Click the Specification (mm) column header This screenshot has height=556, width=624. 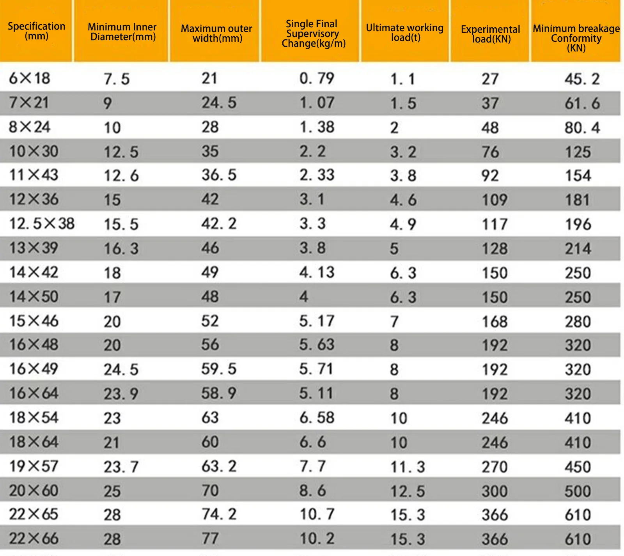pyautogui.click(x=36, y=31)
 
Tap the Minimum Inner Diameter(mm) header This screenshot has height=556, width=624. pyautogui.click(x=122, y=32)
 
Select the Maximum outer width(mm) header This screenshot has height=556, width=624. pyautogui.click(x=216, y=34)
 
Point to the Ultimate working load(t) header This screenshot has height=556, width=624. pyautogui.click(x=405, y=33)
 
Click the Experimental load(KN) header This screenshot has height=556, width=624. pyautogui.click(x=490, y=34)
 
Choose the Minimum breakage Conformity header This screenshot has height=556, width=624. pyautogui.click(x=576, y=38)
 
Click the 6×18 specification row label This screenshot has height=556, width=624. pyautogui.click(x=30, y=78)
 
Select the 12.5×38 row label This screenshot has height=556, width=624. pyautogui.click(x=42, y=224)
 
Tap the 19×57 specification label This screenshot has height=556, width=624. pyautogui.click(x=34, y=466)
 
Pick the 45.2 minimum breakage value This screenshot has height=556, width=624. pyautogui.click(x=582, y=79)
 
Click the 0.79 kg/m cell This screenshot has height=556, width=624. pyautogui.click(x=317, y=78)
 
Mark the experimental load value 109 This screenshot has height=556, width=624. pyautogui.click(x=495, y=200)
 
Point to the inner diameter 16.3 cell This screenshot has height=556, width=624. pyautogui.click(x=121, y=249)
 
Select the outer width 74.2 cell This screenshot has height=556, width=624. pyautogui.click(x=219, y=514)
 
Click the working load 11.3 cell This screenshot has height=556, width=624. pyautogui.click(x=408, y=467)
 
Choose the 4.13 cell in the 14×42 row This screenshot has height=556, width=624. pyautogui.click(x=317, y=273)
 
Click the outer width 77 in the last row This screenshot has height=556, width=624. pyautogui.click(x=210, y=539)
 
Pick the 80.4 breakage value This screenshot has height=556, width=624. pyautogui.click(x=582, y=128)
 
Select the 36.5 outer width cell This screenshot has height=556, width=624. pyautogui.click(x=219, y=175)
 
